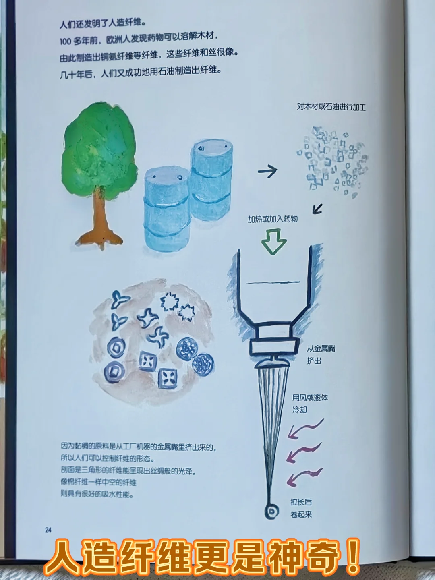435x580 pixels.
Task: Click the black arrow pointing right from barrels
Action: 268,172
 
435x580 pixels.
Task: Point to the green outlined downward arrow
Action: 274,240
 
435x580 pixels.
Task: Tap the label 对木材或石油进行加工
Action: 331,107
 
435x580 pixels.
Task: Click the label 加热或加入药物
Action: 273,219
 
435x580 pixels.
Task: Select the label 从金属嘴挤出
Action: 321,354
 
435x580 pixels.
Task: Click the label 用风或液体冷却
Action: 310,403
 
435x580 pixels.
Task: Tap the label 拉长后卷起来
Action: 301,508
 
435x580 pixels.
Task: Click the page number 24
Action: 48,530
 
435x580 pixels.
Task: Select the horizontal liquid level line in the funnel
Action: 273,282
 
